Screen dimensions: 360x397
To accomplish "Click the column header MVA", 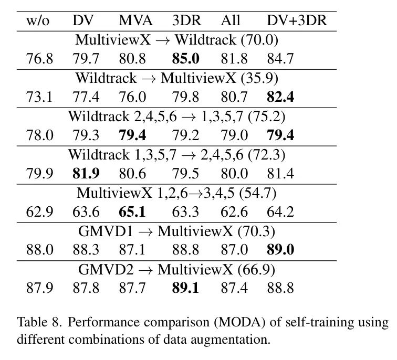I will (x=135, y=21).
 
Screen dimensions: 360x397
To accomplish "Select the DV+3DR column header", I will (x=296, y=21).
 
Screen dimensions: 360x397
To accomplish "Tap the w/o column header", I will (x=39, y=21).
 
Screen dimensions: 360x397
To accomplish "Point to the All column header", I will (x=231, y=21).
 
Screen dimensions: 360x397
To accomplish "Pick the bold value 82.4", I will (x=280, y=97).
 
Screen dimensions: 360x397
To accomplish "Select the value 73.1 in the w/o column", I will (x=39, y=97).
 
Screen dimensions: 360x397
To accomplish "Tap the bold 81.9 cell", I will (x=86, y=173).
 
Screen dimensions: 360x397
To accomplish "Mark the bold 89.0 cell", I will (x=280, y=250).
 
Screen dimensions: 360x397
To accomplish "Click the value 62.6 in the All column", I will (x=234, y=211).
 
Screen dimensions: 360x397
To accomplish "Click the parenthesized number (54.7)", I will (x=258, y=193).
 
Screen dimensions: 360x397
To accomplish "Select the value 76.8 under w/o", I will (x=39, y=58).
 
